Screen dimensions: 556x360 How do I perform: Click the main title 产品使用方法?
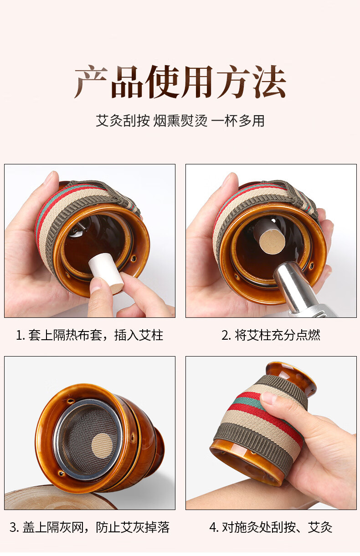(180, 82)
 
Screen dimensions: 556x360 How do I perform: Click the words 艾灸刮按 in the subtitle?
(122, 121)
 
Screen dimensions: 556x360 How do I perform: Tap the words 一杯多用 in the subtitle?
(238, 121)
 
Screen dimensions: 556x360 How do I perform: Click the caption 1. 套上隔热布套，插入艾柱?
(90, 336)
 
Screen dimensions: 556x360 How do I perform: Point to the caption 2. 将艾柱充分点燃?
(271, 336)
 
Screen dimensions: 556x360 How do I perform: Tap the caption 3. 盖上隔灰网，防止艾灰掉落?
(90, 528)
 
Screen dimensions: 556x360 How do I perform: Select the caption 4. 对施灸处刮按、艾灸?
(271, 528)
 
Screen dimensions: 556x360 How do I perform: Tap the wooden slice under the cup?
(50, 500)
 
